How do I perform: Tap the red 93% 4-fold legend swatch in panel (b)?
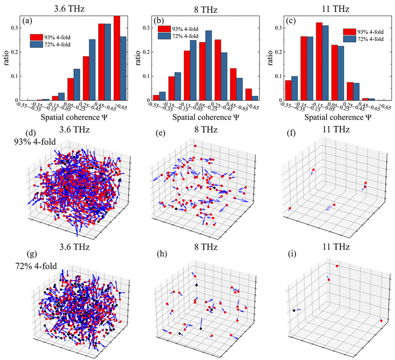click(165, 28)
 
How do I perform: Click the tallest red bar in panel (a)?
click(117, 58)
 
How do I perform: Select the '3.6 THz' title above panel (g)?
click(77, 247)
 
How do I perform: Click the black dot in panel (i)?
click(294, 311)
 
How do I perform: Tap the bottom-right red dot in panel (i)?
click(381, 321)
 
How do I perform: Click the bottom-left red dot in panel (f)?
click(290, 208)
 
